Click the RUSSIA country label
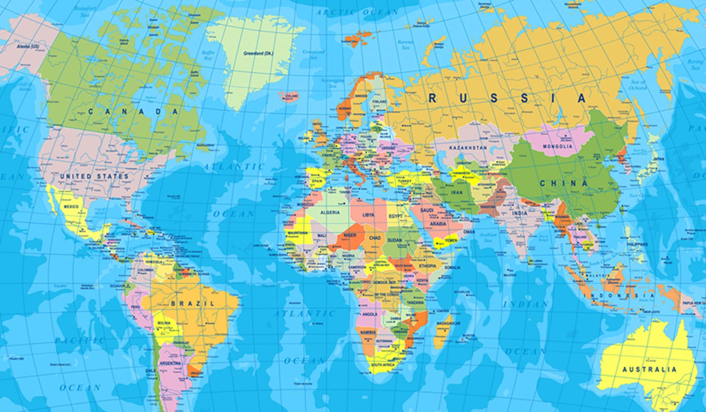point(507,98)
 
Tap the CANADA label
point(133,111)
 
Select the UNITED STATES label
point(94,176)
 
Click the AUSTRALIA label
point(649,369)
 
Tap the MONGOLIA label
point(557,146)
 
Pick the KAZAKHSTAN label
point(468,147)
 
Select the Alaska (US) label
point(28,47)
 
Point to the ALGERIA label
point(331,213)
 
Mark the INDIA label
point(519,213)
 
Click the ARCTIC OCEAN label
point(357,12)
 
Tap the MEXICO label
point(71,206)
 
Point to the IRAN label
point(457,192)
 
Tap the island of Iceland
point(290,96)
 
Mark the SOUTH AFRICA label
point(383,365)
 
